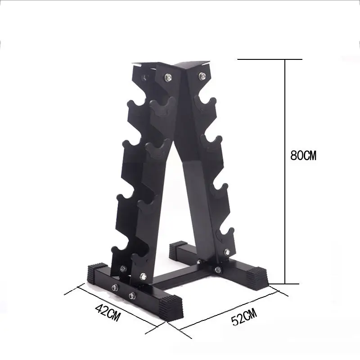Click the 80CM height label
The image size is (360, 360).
tap(304, 156)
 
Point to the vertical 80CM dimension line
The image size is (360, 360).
tap(285, 171)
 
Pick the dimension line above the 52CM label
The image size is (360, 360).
tap(229, 310)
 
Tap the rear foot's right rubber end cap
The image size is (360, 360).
tap(257, 277)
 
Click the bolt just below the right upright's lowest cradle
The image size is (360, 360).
tap(226, 252)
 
